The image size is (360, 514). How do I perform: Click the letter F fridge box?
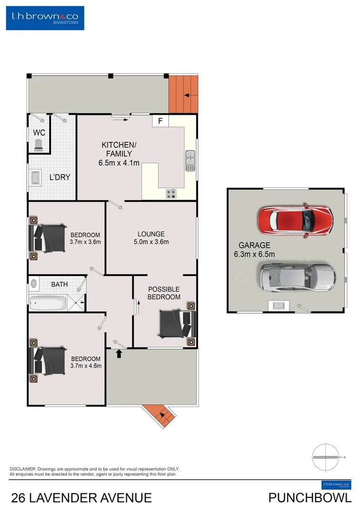point(160,121)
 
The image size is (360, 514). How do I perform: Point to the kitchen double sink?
point(190,160)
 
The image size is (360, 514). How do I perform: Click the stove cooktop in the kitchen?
point(170,193)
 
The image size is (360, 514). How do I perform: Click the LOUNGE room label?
point(151,234)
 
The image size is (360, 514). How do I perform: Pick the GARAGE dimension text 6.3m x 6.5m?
point(254,254)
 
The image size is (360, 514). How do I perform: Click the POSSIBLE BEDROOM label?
point(164,293)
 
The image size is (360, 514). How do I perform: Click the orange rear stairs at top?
point(182,94)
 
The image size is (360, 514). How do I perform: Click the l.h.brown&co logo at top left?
point(45,18)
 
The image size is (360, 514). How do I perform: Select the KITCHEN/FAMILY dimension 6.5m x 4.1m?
point(116,163)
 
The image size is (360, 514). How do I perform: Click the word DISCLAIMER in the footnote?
point(23,469)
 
